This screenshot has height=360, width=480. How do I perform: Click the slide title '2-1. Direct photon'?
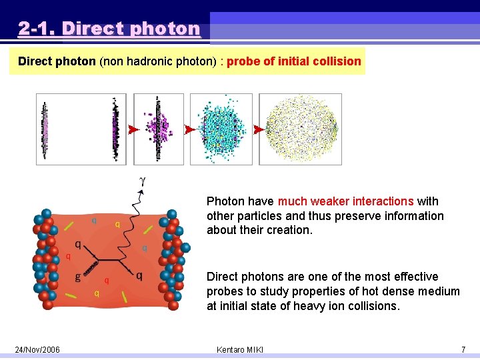(x=109, y=29)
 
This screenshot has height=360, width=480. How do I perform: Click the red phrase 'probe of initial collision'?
(x=293, y=61)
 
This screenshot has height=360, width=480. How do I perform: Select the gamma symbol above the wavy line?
(x=141, y=181)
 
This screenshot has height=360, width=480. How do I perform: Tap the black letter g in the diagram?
(x=78, y=275)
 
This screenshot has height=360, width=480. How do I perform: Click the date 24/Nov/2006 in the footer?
(x=38, y=350)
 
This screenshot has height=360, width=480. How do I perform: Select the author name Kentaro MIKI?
(x=240, y=350)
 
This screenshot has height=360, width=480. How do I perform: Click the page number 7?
(x=463, y=350)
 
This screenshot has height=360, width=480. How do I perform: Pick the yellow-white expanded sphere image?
(x=300, y=129)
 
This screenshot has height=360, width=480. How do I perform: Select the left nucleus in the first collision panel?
(x=45, y=128)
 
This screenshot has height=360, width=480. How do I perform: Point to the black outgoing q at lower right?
(x=139, y=275)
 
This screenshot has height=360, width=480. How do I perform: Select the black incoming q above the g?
(x=78, y=245)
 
